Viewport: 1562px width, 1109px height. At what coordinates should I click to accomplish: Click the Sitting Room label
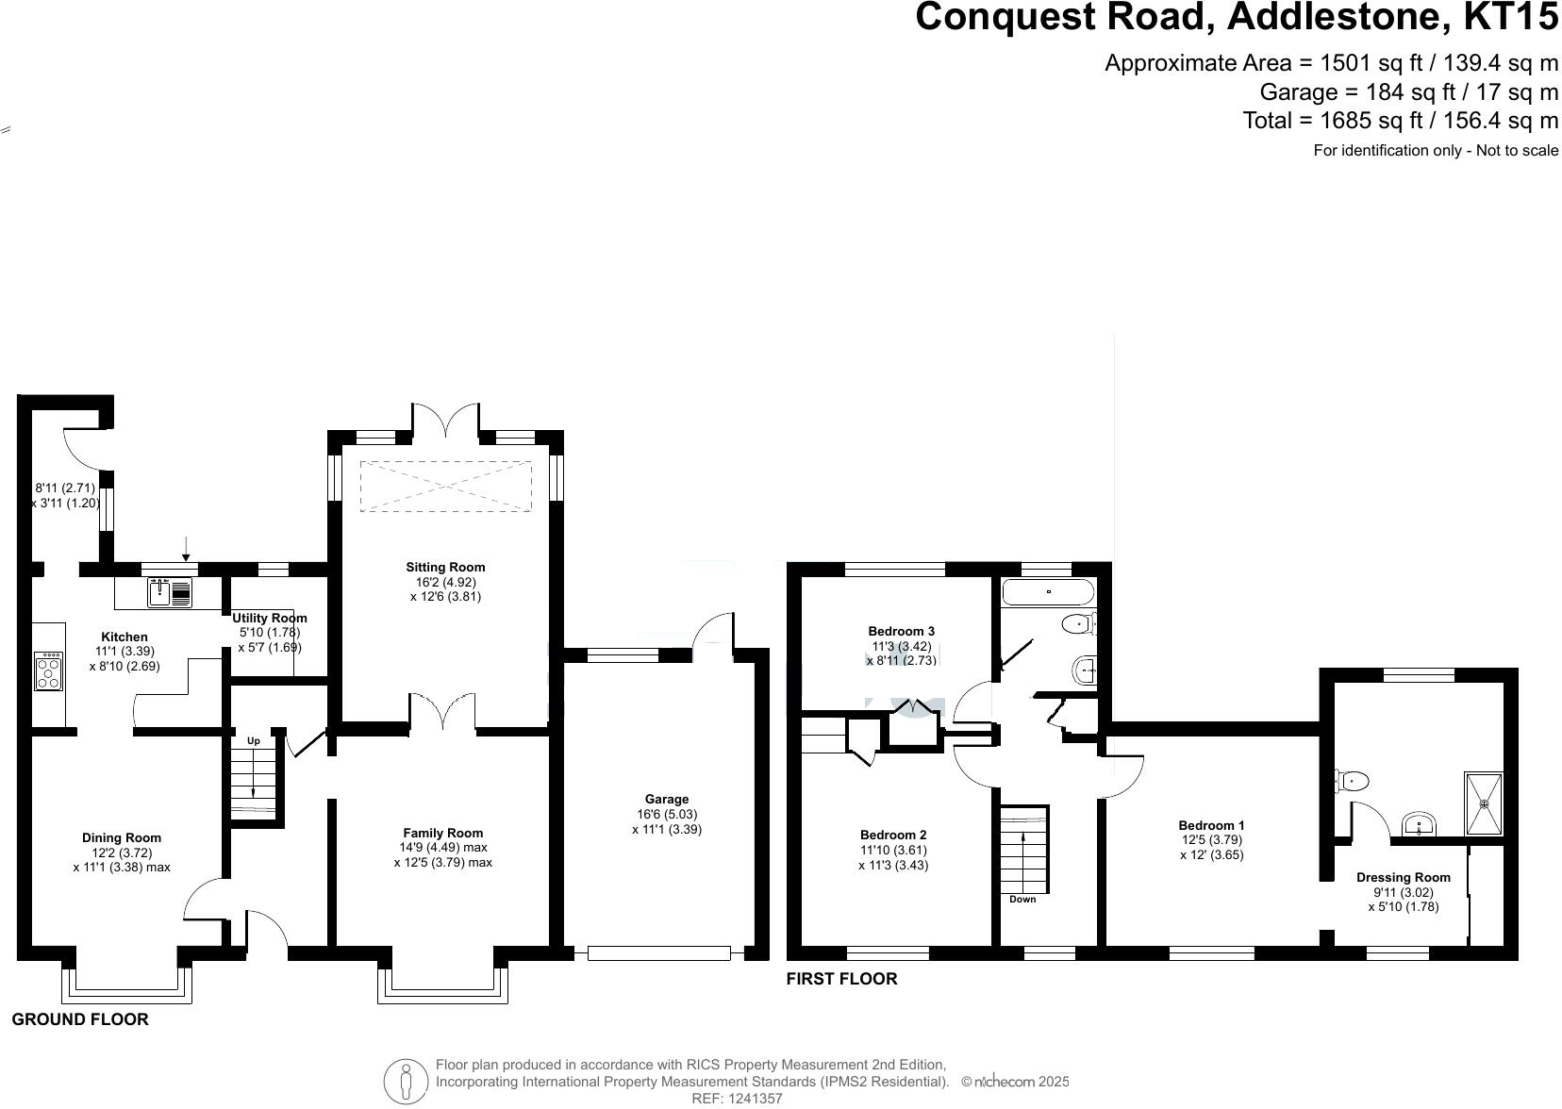[445, 567]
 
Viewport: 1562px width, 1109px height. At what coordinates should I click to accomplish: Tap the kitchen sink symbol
[170, 593]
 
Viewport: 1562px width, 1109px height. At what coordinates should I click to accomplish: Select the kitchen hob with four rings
[48, 671]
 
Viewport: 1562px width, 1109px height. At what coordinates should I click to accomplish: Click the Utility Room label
[270, 618]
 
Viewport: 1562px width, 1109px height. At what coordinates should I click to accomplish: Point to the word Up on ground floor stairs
[253, 741]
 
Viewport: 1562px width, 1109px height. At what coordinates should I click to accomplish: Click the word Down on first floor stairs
[1022, 899]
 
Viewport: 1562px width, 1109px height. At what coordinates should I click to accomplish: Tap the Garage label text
[666, 799]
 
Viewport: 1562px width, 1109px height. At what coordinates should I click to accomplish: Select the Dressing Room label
[1403, 877]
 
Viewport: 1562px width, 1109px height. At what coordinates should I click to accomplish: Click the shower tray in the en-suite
[1483, 803]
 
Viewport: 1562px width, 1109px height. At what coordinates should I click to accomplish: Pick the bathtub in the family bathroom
[1048, 592]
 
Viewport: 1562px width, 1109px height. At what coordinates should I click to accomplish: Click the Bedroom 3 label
[901, 631]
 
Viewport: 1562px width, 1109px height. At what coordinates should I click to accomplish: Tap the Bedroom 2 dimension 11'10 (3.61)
[892, 850]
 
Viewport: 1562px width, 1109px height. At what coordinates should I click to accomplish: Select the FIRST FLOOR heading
[841, 979]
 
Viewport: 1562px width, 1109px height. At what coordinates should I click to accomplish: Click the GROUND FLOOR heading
[80, 1019]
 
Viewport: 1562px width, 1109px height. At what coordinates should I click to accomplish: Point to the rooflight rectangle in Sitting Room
[445, 487]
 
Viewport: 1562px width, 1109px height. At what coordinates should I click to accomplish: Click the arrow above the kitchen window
[186, 548]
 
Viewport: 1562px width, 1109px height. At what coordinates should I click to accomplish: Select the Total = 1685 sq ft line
[1400, 121]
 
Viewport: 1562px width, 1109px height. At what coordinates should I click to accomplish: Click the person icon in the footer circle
[406, 1081]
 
